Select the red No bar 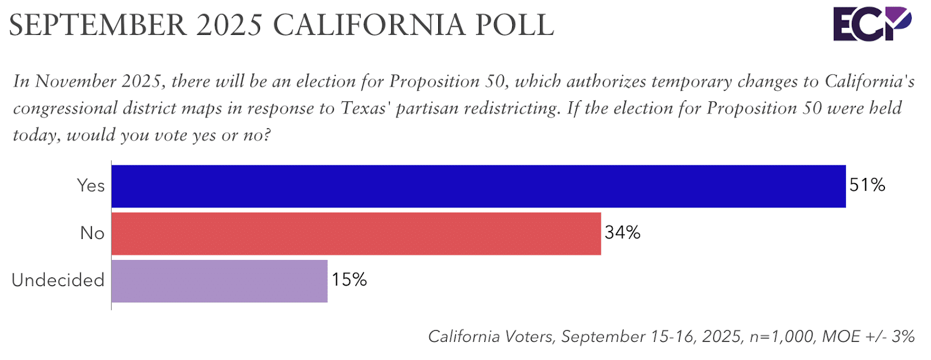click(x=356, y=233)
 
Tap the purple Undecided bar click(x=219, y=281)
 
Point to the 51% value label click(x=867, y=186)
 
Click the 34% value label click(x=622, y=233)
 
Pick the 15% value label click(x=349, y=280)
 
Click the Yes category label click(x=91, y=186)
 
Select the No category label click(x=92, y=233)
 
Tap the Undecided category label click(x=58, y=280)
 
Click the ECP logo click(x=872, y=24)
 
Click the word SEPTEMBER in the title click(x=98, y=25)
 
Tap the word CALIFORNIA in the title click(x=368, y=25)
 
